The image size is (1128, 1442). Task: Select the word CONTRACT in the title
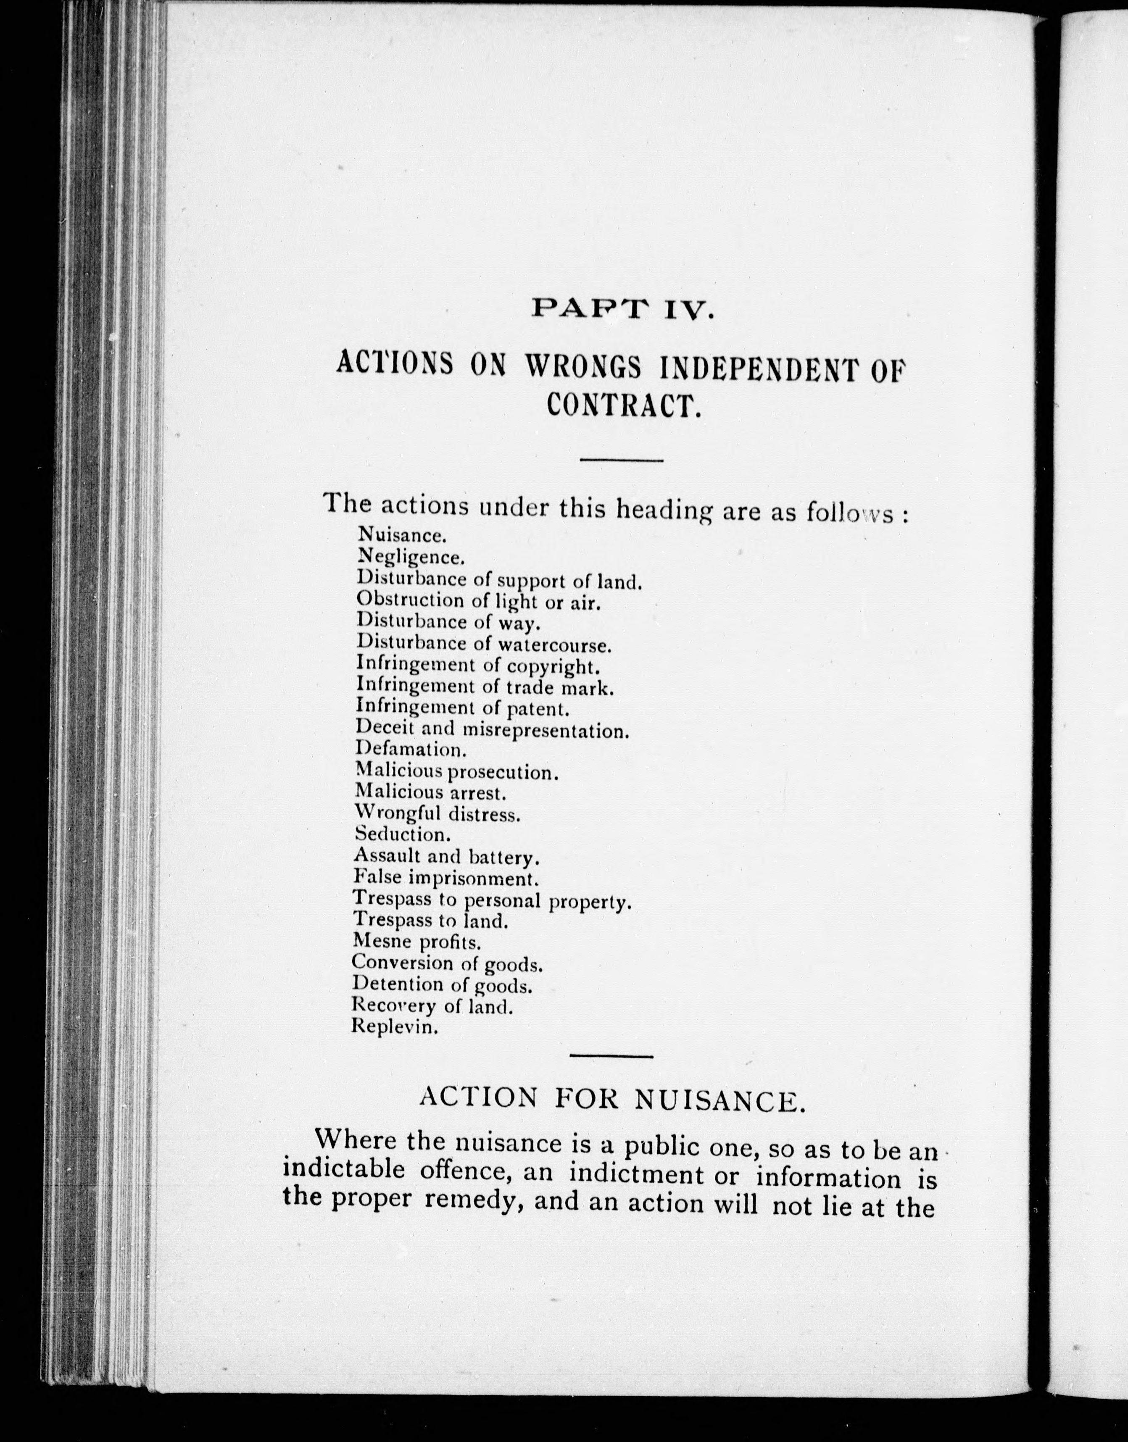[623, 405]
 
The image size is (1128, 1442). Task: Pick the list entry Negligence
[411, 557]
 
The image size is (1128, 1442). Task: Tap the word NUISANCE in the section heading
[720, 1099]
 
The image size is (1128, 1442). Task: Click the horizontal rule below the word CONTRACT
[621, 460]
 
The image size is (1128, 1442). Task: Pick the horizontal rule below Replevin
[611, 1056]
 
